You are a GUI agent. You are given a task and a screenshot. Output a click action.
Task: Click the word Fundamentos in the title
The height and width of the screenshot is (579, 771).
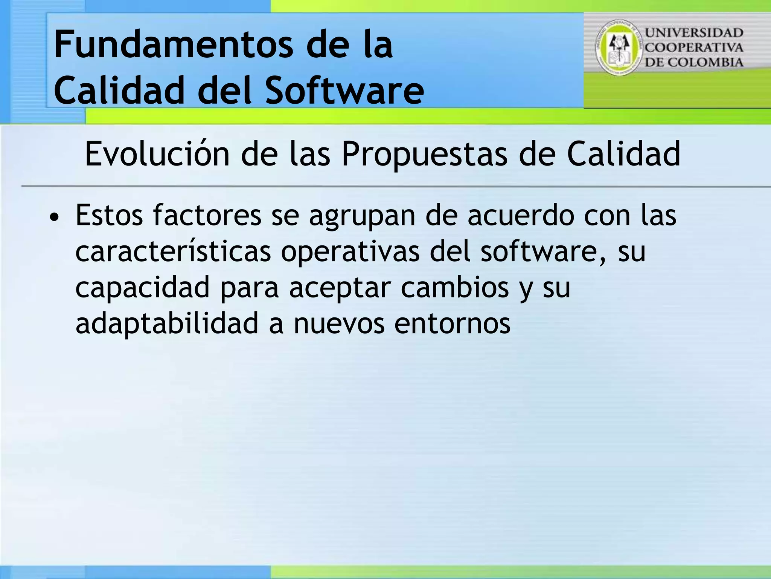173,45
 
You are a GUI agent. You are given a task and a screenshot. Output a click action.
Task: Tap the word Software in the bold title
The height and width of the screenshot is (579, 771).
344,90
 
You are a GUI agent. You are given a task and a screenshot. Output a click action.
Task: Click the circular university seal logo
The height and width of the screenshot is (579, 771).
619,47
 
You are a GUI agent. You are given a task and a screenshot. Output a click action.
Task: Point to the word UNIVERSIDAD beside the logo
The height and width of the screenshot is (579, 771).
694,33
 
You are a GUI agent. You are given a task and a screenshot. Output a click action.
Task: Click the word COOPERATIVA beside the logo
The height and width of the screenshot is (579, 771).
694,48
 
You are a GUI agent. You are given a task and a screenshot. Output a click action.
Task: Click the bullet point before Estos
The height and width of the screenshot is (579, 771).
55,218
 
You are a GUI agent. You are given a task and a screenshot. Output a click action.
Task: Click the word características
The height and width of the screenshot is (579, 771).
173,251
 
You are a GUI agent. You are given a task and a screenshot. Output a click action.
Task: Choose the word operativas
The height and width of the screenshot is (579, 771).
350,251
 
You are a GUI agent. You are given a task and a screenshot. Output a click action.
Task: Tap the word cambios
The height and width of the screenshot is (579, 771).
455,287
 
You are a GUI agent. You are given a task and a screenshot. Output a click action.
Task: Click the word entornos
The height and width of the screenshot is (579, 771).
452,323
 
